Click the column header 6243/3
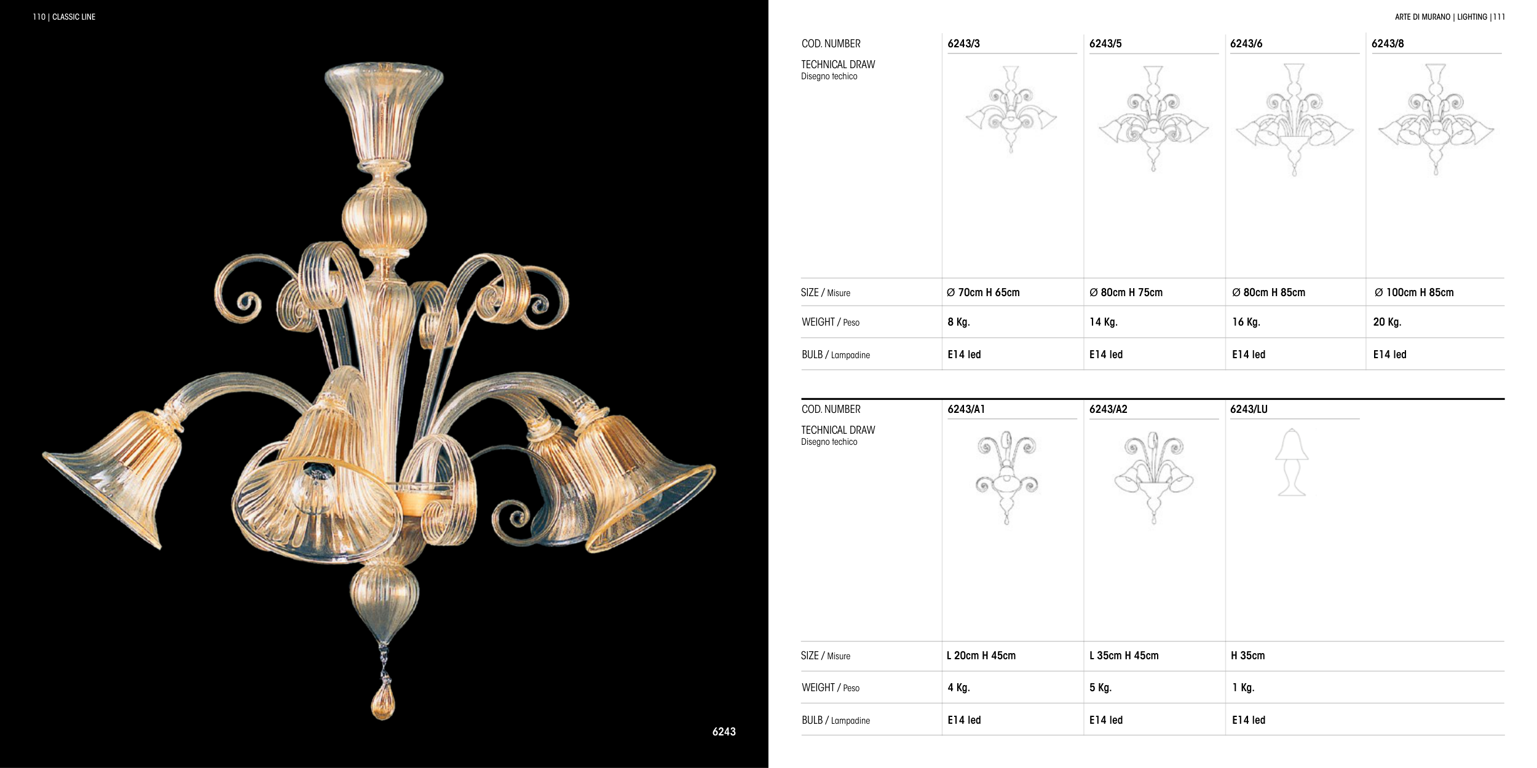(x=963, y=44)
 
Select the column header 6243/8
(x=1388, y=44)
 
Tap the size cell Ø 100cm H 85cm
(x=1414, y=292)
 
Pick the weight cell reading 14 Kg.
(x=1104, y=322)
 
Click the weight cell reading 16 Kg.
(x=1246, y=322)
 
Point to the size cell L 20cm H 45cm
(x=981, y=656)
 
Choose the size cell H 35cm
(x=1248, y=656)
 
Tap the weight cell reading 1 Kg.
(x=1243, y=688)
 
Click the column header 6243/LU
(x=1249, y=409)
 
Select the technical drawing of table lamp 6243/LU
(x=1292, y=462)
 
